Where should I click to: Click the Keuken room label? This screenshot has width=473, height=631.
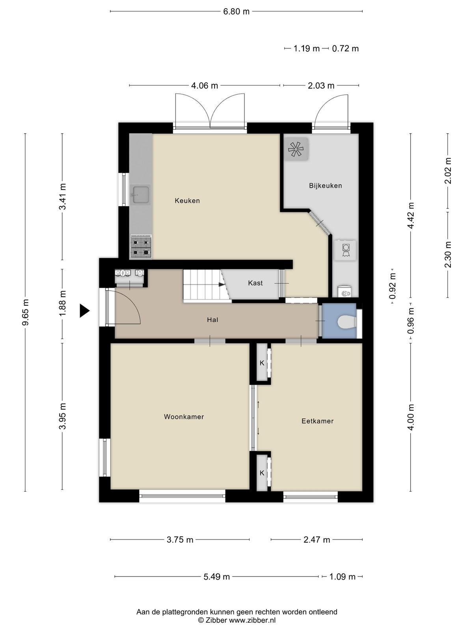[187, 201]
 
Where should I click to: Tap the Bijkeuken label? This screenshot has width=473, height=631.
[326, 186]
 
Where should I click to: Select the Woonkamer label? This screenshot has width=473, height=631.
[184, 416]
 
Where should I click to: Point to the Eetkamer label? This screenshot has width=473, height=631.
[317, 421]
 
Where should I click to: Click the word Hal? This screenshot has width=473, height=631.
[212, 320]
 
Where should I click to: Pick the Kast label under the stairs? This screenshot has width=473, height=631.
[255, 283]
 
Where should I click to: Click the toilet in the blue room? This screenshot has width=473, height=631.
[346, 321]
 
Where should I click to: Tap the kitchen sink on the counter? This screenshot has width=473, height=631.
[140, 194]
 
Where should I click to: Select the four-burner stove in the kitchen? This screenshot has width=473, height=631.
[141, 247]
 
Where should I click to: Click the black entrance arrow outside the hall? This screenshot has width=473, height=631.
[84, 311]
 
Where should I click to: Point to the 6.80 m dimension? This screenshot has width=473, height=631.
[236, 12]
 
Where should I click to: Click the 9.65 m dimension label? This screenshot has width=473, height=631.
[25, 312]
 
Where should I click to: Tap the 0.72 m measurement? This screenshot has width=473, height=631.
[345, 49]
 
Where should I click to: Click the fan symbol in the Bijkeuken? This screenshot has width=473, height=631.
[296, 149]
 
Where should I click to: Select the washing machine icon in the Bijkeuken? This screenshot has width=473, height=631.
[346, 250]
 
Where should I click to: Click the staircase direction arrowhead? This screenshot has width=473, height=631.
[222, 285]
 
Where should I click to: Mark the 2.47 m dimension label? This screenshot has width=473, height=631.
[317, 540]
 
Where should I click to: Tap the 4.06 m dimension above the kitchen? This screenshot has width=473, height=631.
[205, 86]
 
